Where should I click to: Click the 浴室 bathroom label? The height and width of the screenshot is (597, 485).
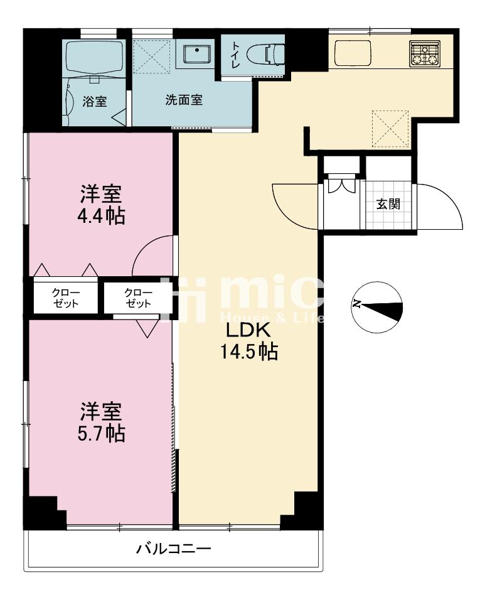(x=95, y=102)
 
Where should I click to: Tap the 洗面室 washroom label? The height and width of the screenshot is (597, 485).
(x=184, y=100)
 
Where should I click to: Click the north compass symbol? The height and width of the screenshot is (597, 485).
(x=376, y=306)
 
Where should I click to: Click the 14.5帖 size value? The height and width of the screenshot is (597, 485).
(x=248, y=353)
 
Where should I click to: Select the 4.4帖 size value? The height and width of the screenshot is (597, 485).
(x=100, y=215)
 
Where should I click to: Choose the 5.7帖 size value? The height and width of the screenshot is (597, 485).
(x=101, y=433)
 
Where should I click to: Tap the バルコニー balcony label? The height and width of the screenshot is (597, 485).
(x=174, y=550)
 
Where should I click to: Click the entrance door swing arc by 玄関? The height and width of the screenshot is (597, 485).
(x=442, y=204)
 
